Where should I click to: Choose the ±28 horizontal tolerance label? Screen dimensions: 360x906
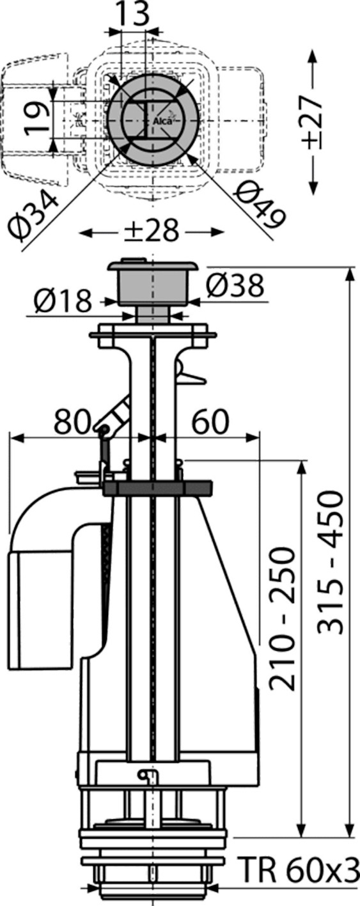(152, 231)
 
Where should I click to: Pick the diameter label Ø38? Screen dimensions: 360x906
(235, 286)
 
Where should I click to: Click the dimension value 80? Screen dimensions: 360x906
(72, 422)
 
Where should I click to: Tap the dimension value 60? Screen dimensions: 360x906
(210, 422)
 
